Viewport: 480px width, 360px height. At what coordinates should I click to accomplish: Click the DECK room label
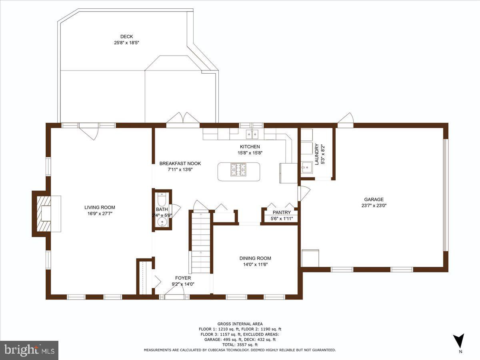pyautogui.click(x=127, y=36)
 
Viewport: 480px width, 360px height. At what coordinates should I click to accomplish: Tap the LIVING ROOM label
pyautogui.click(x=100, y=207)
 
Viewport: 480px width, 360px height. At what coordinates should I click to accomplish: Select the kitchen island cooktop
pyautogui.click(x=238, y=170)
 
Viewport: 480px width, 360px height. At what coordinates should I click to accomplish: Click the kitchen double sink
pyautogui.click(x=252, y=134)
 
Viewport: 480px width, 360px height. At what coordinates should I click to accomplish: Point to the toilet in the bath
pyautogui.click(x=162, y=198)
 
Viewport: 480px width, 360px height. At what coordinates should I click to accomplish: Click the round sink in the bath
pyautogui.click(x=162, y=222)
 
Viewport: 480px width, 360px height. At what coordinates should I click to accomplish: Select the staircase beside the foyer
pyautogui.click(x=201, y=243)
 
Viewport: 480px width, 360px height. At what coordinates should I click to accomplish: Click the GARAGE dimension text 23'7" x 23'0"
pyautogui.click(x=374, y=206)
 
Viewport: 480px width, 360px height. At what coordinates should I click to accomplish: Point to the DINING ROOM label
pyautogui.click(x=255, y=258)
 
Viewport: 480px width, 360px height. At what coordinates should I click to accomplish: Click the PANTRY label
pyautogui.click(x=282, y=212)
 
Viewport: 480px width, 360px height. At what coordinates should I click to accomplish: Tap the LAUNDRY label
pyautogui.click(x=317, y=154)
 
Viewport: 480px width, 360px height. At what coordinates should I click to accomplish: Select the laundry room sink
pyautogui.click(x=307, y=167)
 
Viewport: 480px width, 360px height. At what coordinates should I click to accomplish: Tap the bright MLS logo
pyautogui.click(x=29, y=350)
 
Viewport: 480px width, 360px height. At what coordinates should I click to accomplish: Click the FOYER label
pyautogui.click(x=183, y=278)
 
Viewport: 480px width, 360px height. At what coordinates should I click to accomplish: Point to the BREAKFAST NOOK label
pyautogui.click(x=180, y=163)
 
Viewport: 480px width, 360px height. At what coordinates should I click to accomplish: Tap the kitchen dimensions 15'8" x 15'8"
pyautogui.click(x=250, y=153)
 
